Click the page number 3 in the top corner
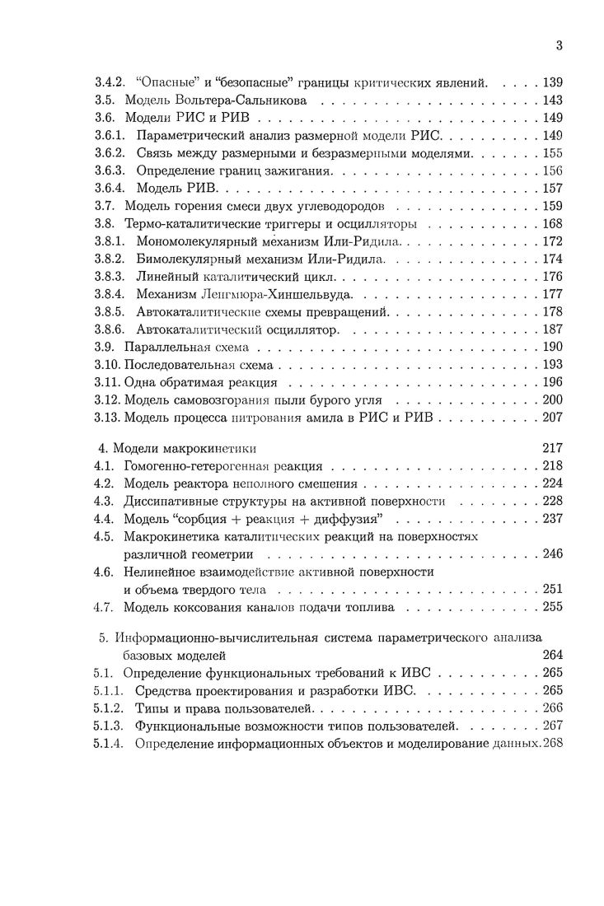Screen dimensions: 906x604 tap(559, 46)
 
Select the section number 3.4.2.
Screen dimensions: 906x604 tap(109, 83)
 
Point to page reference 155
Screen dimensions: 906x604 tap(552, 153)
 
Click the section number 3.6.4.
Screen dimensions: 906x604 tap(109, 189)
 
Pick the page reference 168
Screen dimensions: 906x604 tap(552, 224)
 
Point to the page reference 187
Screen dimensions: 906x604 tap(552, 329)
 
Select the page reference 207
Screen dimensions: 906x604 tap(552, 418)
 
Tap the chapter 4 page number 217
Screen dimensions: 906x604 tap(552, 449)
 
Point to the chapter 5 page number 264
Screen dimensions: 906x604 tap(552, 656)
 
